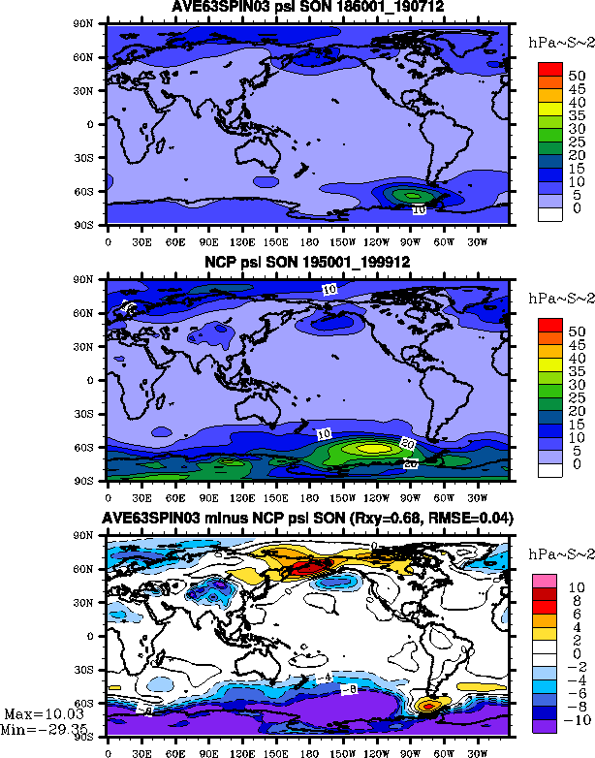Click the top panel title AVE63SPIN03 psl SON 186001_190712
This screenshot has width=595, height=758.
[x=307, y=9]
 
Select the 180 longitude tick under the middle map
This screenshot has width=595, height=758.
[x=308, y=494]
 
